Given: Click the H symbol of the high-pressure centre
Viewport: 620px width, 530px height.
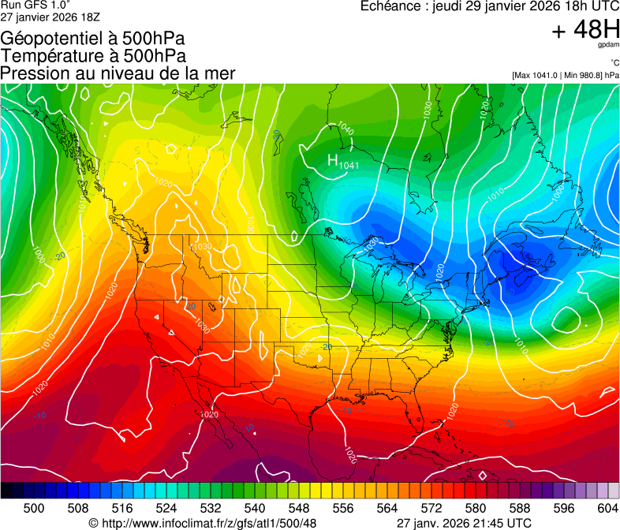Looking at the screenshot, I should tap(333, 160).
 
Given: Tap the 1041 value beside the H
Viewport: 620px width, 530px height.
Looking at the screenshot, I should tap(349, 165).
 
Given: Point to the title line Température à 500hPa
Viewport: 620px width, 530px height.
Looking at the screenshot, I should tap(93, 56).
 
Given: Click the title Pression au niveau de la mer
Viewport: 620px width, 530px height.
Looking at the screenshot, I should tap(118, 73).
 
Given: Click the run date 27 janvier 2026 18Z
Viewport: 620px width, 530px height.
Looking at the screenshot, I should tap(50, 17).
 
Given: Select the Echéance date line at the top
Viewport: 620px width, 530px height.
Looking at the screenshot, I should tap(488, 7).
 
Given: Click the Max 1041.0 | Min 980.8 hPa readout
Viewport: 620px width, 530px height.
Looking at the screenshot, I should tap(565, 75).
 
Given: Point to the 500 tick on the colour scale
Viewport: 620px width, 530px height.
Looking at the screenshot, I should tap(34, 508).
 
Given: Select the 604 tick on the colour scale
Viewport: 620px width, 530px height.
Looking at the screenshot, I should tap(608, 508).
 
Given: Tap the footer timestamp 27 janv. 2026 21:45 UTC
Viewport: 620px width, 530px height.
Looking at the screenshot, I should tap(463, 523).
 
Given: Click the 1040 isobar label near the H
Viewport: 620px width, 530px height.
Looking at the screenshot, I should tap(345, 128).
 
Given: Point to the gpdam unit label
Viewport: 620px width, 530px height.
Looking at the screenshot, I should tap(608, 45).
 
